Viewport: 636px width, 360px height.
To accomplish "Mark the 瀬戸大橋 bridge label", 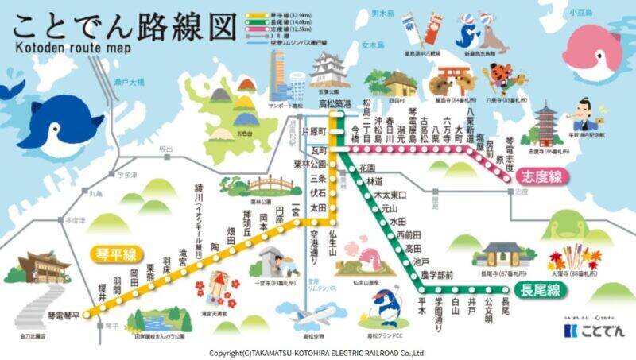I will click(x=127, y=82).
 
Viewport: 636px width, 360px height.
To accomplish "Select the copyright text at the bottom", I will click(x=318, y=353).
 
